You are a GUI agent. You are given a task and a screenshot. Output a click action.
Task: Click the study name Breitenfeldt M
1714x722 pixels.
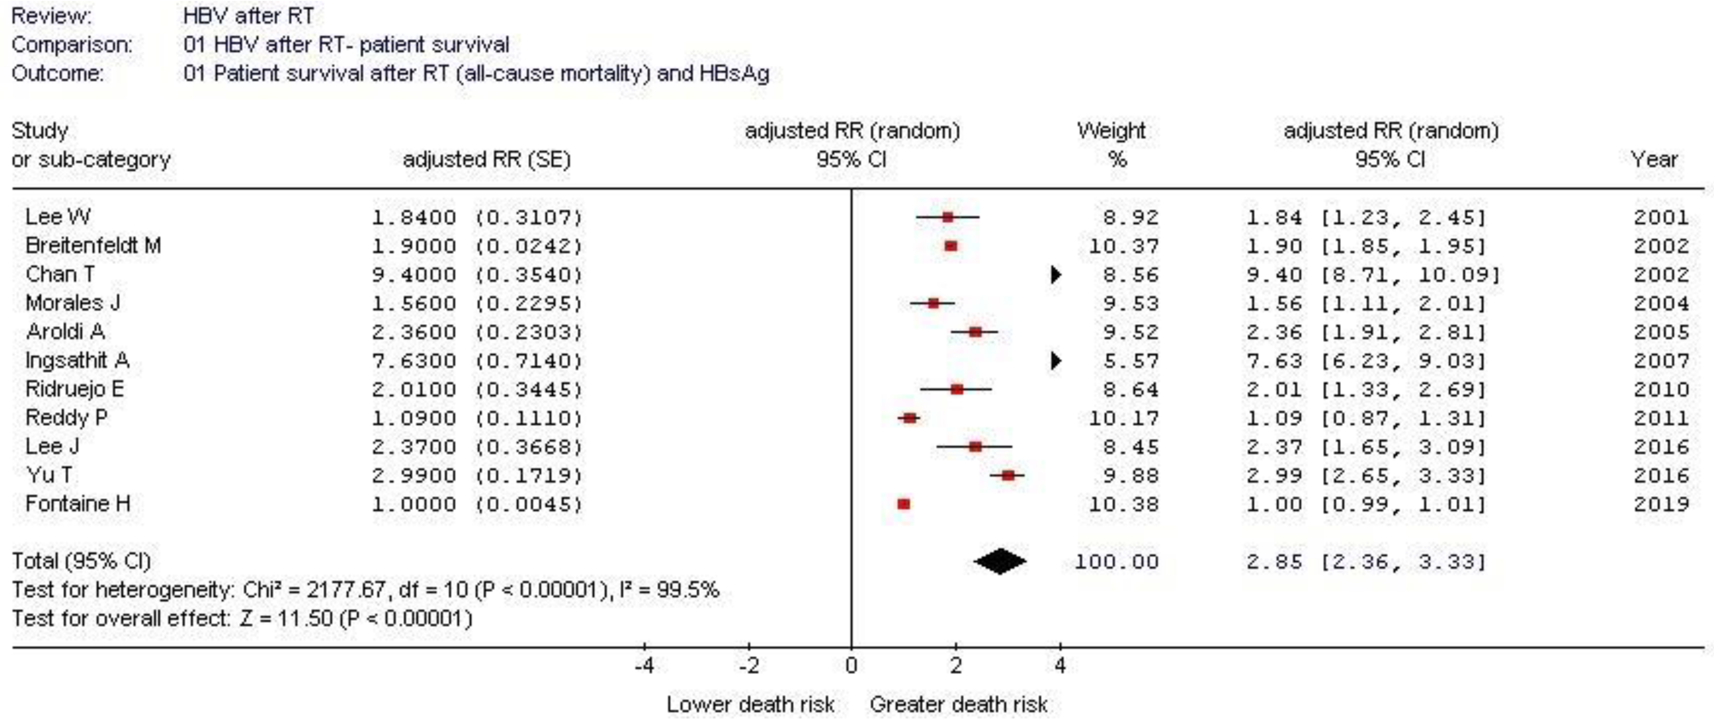click(x=93, y=246)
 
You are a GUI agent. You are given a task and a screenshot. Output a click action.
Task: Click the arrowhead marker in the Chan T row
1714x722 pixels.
click(x=1055, y=275)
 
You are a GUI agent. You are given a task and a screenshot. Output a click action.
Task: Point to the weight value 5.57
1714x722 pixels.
click(x=1130, y=361)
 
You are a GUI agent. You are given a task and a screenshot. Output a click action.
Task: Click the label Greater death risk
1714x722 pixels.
click(x=958, y=704)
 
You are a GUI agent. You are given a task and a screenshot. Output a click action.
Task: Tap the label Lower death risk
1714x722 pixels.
click(x=750, y=704)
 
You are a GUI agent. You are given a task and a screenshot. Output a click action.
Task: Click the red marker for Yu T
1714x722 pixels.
click(x=1008, y=475)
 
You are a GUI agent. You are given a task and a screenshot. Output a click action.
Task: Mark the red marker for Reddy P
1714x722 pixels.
click(x=909, y=418)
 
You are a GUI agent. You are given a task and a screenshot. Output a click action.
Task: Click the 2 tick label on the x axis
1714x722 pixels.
click(x=956, y=665)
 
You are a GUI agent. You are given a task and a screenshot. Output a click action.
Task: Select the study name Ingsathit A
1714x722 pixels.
click(x=77, y=361)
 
